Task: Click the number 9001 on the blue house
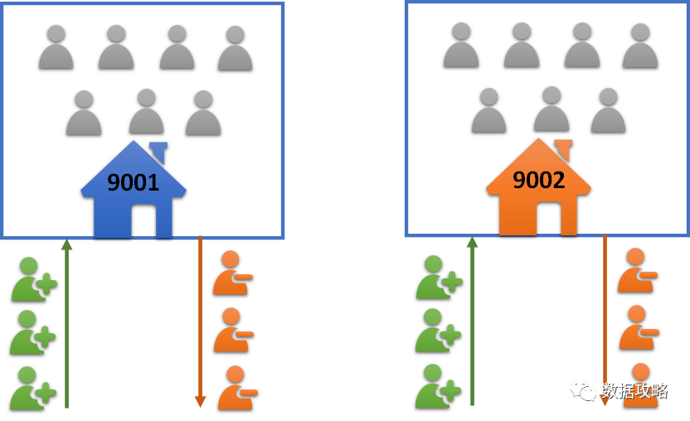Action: click(x=133, y=181)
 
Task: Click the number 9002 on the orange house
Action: click(x=538, y=179)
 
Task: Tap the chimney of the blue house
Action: click(x=158, y=151)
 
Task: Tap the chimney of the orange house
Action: click(x=563, y=149)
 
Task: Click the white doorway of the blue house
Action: click(x=142, y=220)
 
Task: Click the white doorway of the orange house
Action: click(x=547, y=218)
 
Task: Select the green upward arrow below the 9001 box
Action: click(x=66, y=323)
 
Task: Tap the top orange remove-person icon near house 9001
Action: click(x=231, y=273)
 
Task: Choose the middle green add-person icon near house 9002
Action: click(x=438, y=331)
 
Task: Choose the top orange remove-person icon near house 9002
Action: click(x=636, y=270)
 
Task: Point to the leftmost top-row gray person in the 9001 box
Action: click(x=56, y=47)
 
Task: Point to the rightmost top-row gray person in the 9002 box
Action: click(x=640, y=46)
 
